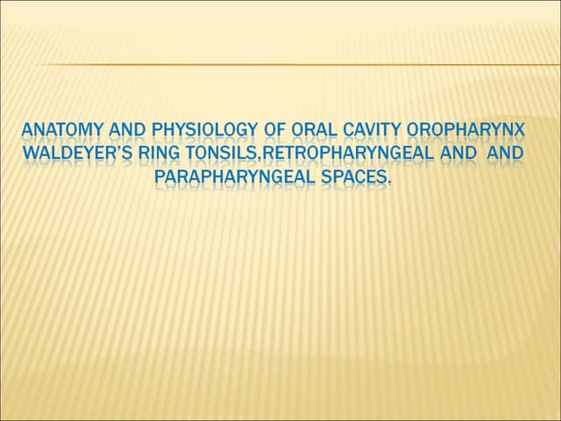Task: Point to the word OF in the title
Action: [x=274, y=132]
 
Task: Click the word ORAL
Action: [x=315, y=132]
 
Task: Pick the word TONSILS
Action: [x=221, y=154]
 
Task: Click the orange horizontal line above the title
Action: [x=298, y=65]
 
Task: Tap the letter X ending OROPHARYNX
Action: [x=521, y=132]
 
